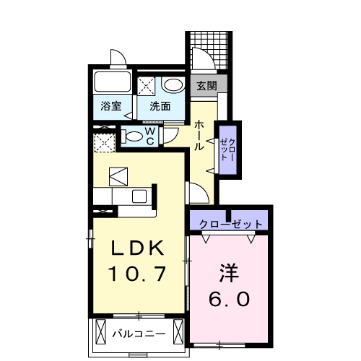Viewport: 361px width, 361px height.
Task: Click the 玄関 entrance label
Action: click(x=206, y=84)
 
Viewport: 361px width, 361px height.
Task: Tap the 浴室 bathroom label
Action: click(x=110, y=106)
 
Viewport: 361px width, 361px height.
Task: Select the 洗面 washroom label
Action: click(x=160, y=106)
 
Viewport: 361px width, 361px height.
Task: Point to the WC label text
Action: click(x=149, y=136)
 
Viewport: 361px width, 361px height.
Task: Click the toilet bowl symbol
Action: click(x=133, y=136)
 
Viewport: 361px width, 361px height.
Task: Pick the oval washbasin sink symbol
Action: click(x=172, y=84)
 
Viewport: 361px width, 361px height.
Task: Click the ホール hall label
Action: click(x=198, y=135)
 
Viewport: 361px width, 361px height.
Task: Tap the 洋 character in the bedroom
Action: click(x=230, y=273)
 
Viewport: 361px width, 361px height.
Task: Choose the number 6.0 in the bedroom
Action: click(x=230, y=297)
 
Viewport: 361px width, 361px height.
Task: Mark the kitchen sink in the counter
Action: click(x=137, y=196)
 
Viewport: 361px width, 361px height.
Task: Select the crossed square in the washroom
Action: click(x=147, y=86)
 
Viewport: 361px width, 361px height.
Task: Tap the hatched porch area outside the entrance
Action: click(x=209, y=52)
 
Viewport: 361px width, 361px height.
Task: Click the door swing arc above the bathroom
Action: click(x=118, y=58)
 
